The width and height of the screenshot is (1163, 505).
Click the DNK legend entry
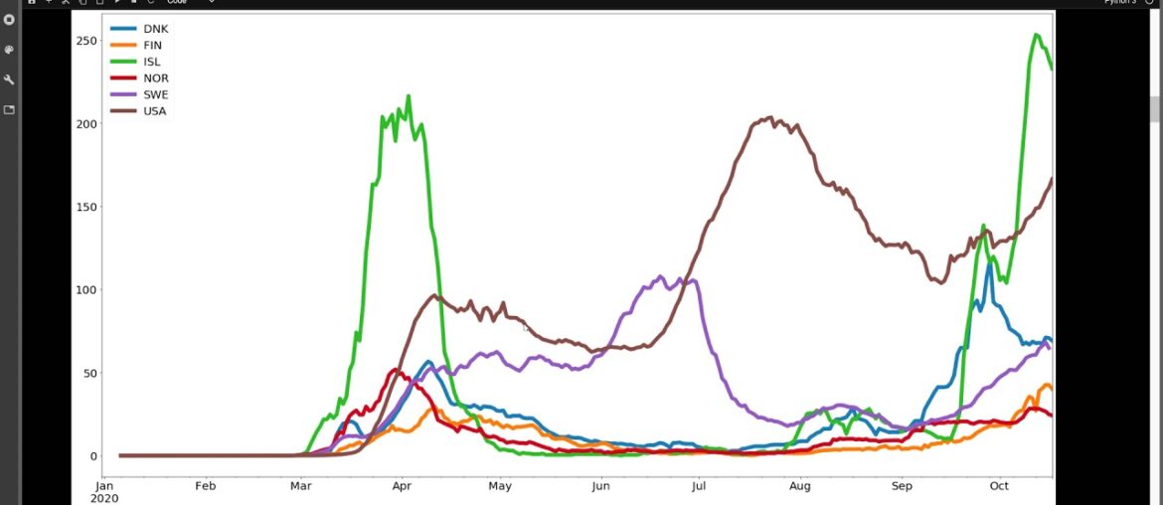point(155,29)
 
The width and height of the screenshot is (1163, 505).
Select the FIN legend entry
point(152,46)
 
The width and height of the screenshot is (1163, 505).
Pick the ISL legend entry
point(151,62)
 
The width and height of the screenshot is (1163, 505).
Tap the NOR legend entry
point(155,79)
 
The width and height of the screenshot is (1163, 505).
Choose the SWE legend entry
point(155,94)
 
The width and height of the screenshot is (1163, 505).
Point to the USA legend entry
point(155,110)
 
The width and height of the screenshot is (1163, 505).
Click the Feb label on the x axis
point(205,486)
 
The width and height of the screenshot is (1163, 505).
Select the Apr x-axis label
point(402,486)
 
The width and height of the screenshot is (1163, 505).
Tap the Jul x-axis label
point(699,486)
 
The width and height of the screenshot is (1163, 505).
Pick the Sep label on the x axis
point(902,486)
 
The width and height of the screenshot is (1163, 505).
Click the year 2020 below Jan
point(104,498)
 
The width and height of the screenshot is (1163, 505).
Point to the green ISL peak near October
point(1036,35)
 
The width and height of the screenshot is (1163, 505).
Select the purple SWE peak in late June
point(660,276)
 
